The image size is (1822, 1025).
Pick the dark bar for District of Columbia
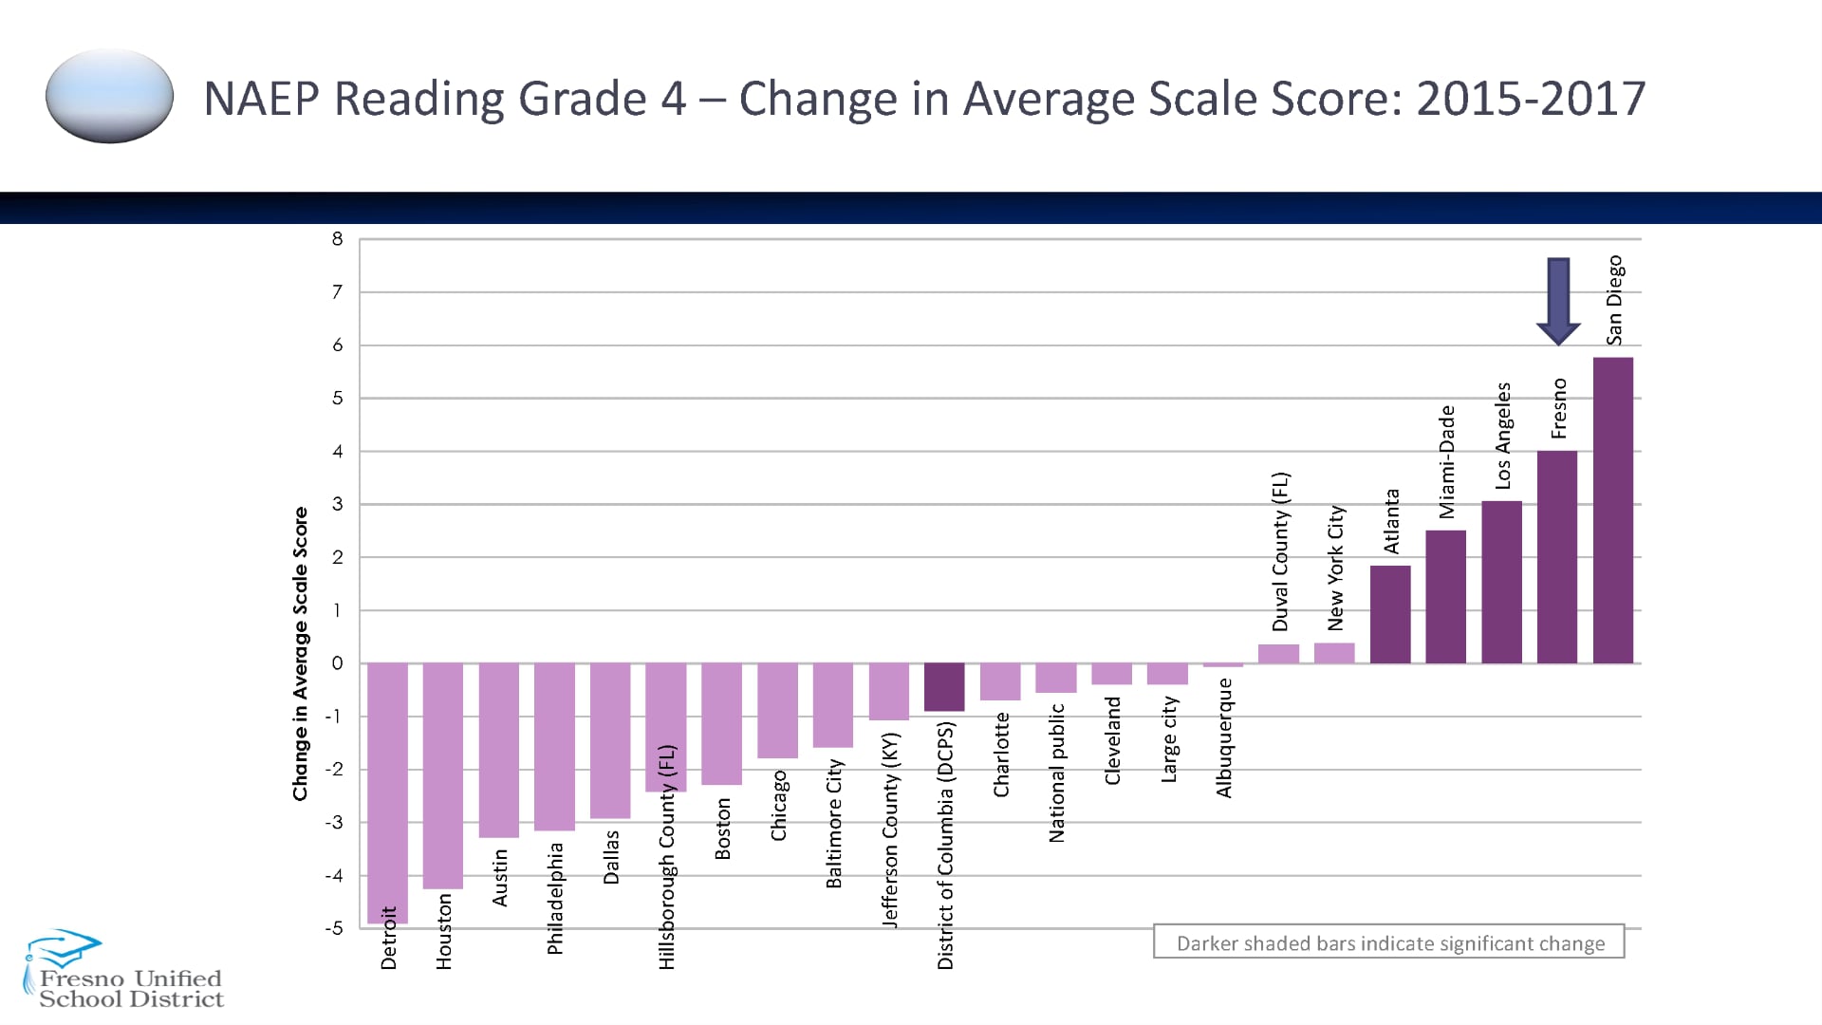(944, 686)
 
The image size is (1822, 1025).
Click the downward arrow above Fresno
(1558, 300)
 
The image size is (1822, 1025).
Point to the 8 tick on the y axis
(337, 239)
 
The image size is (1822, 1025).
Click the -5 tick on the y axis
(334, 928)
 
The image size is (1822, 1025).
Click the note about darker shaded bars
(1389, 942)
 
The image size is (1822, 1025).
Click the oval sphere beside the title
(109, 96)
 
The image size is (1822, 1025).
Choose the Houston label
(444, 931)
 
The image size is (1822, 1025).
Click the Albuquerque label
(1224, 737)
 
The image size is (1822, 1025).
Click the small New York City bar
(1334, 653)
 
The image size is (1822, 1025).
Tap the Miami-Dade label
(1446, 462)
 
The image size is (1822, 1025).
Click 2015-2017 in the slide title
(1531, 99)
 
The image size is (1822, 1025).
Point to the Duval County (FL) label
(1280, 551)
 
